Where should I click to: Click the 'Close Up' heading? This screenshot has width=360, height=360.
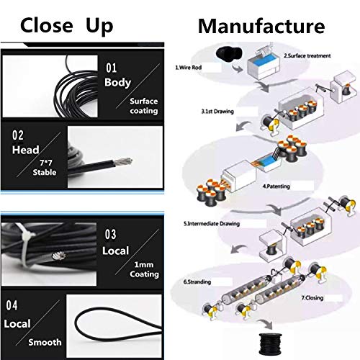(66, 26)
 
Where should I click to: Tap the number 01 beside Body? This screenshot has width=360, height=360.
(111, 68)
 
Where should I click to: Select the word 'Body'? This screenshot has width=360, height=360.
(117, 82)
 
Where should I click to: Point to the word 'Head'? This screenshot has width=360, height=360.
(27, 150)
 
